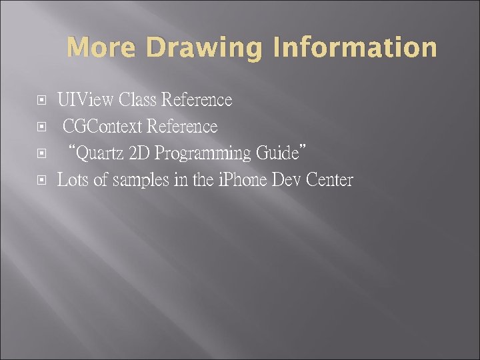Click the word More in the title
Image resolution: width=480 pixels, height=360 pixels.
point(101,48)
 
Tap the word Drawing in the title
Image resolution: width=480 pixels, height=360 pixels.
point(197,48)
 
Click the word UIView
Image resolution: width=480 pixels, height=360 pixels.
point(85,101)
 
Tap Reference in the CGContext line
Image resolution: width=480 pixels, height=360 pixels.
point(182,127)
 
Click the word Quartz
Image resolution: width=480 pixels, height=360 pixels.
point(101,153)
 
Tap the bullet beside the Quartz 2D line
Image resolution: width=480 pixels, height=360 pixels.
point(42,154)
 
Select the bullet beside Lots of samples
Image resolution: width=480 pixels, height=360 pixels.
point(42,181)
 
